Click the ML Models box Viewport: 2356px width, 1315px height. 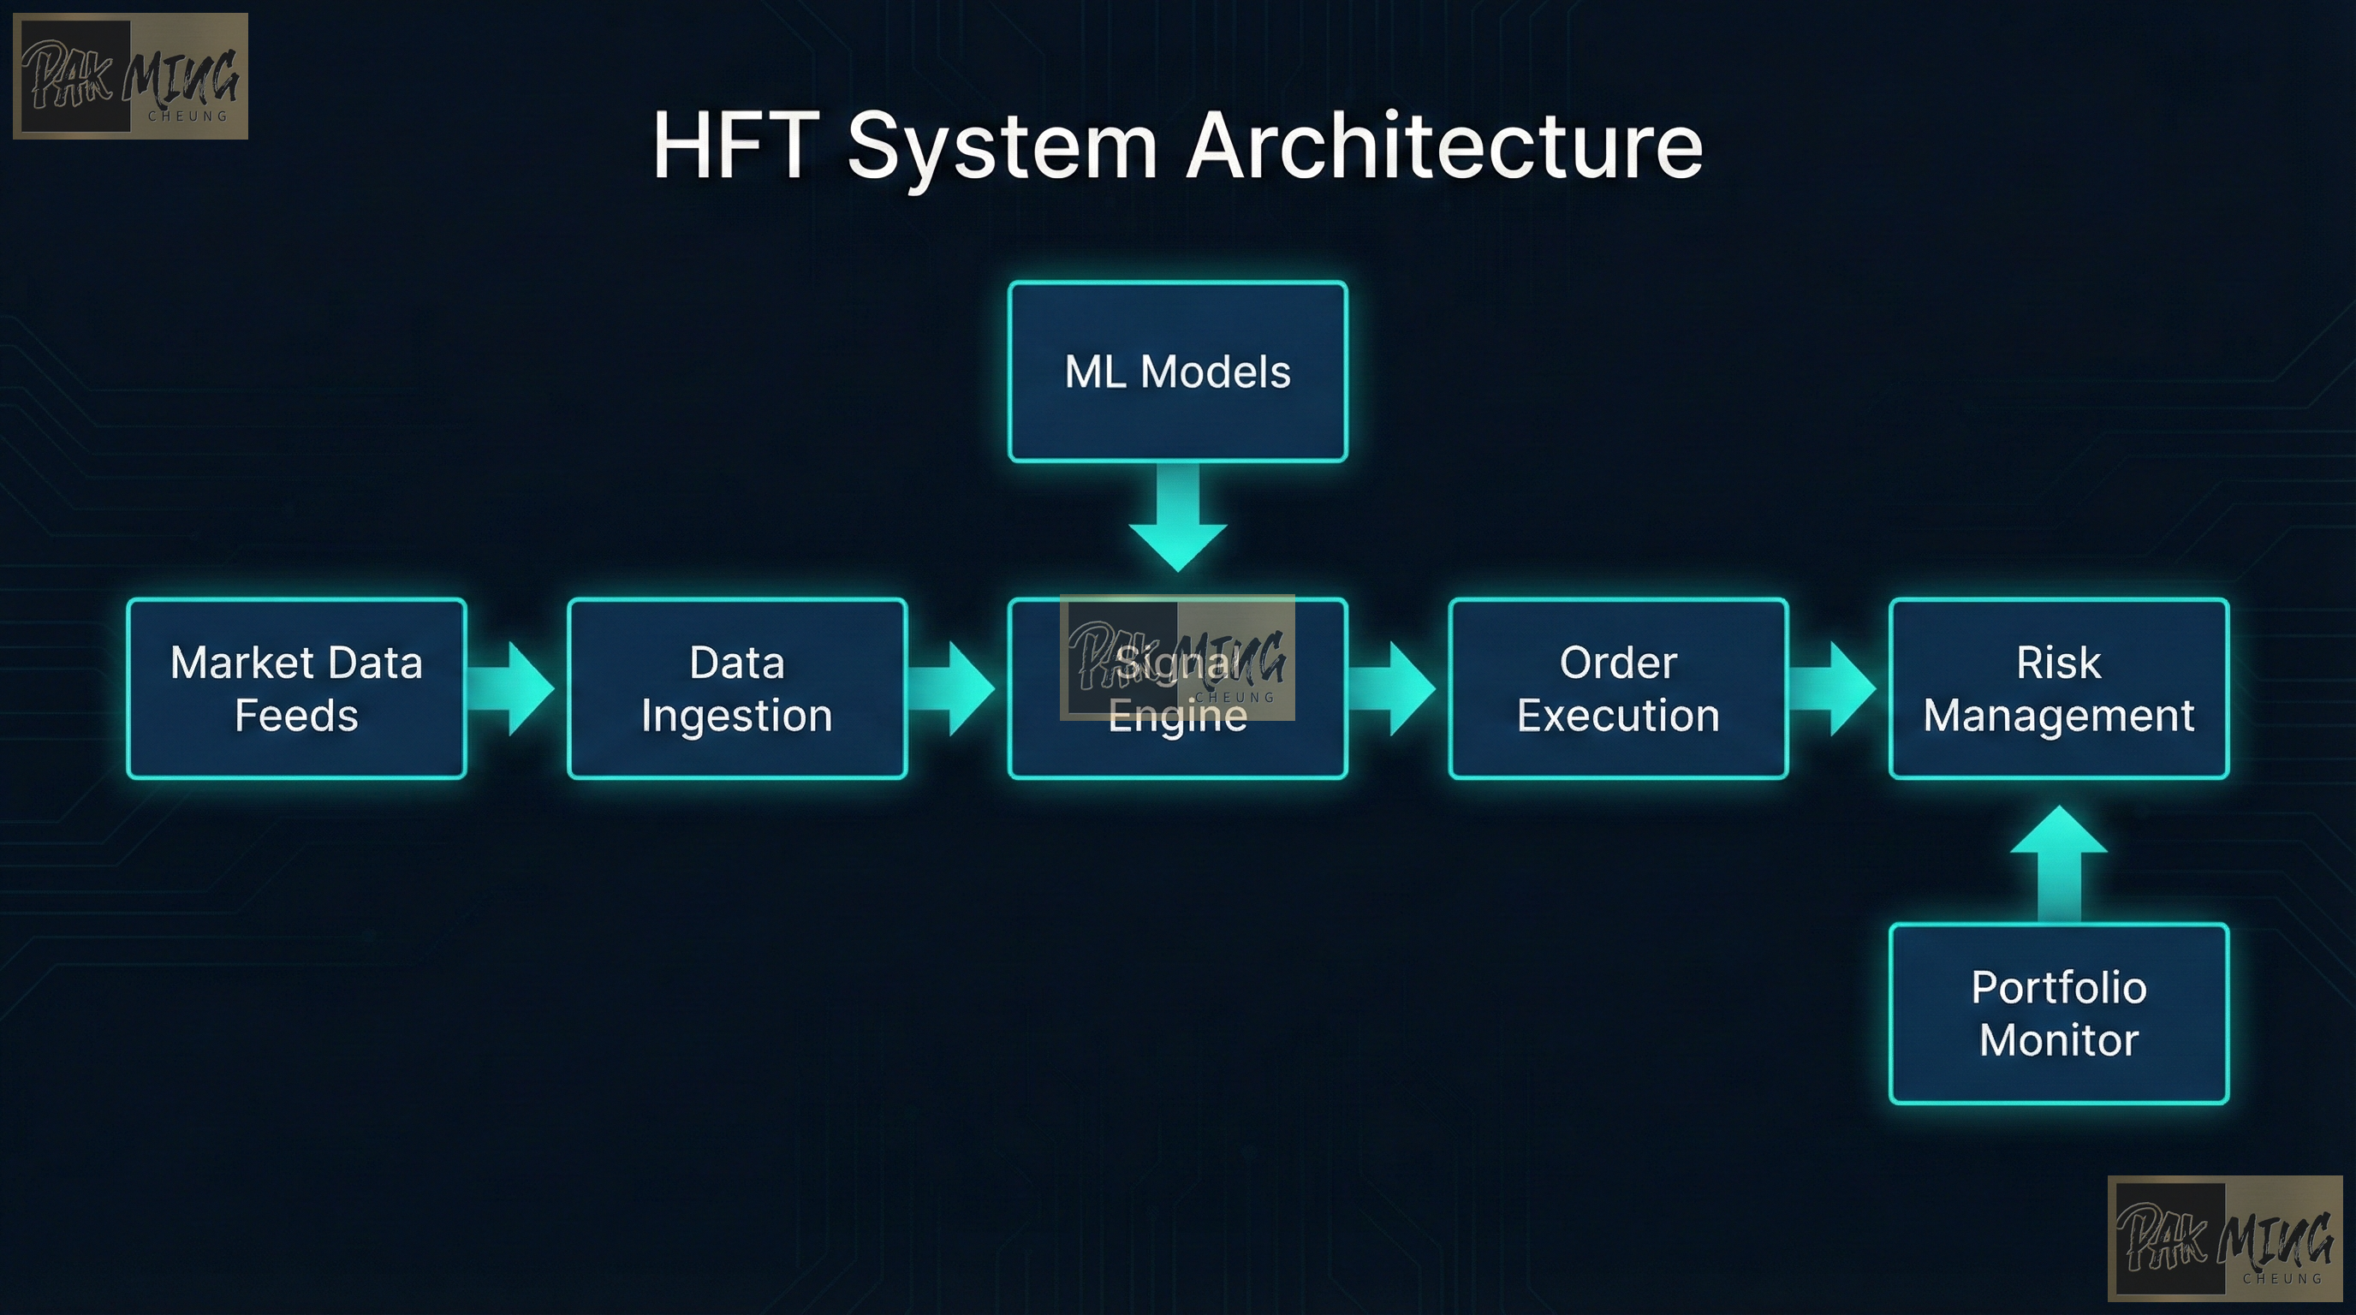(1177, 372)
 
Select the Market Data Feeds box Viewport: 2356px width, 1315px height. (296, 687)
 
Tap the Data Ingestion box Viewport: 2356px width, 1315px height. (737, 687)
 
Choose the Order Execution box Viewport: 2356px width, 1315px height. (1618, 687)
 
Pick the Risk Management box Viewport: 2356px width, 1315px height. (2058, 687)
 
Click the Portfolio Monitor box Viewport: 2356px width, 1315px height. (2058, 1014)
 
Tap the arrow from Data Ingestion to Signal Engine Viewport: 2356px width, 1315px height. (954, 687)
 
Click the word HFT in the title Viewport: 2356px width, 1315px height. (735, 146)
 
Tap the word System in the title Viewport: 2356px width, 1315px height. (1002, 146)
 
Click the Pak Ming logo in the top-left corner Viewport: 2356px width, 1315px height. (130, 76)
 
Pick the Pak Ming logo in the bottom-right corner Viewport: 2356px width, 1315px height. (2224, 1238)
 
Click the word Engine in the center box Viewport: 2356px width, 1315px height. (1177, 716)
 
